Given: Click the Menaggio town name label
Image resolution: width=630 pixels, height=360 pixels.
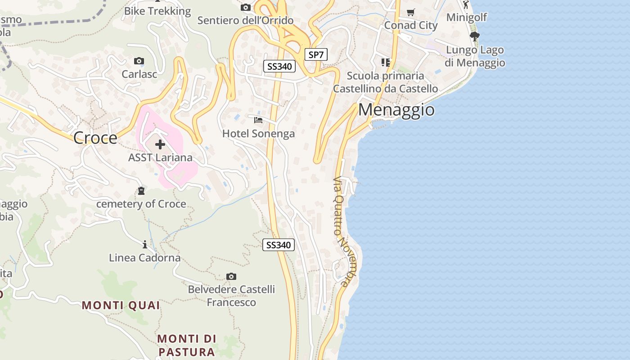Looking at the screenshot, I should [396, 110].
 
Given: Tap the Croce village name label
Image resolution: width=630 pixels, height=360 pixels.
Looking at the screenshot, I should [95, 138].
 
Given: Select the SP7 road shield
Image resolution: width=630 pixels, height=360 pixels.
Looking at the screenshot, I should [316, 55].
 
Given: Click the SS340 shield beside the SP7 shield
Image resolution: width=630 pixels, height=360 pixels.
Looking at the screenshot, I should [279, 67].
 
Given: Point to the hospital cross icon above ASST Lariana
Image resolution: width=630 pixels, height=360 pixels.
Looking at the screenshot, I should [160, 144].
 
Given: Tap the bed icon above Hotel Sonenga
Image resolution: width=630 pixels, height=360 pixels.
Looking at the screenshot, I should [258, 120].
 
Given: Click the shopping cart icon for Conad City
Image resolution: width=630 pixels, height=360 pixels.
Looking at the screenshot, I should [410, 13].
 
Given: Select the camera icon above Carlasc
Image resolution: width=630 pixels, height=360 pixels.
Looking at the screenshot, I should [139, 61].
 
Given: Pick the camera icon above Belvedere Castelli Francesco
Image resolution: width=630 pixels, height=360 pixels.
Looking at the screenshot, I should [231, 276].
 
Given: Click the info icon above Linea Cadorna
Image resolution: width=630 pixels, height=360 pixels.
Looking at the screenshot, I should [145, 245].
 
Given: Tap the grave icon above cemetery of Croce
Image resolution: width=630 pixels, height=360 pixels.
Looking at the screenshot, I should [141, 191].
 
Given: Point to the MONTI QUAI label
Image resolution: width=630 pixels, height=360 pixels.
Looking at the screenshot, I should [121, 306].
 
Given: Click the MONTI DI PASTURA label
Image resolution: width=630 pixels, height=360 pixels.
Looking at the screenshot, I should [187, 345].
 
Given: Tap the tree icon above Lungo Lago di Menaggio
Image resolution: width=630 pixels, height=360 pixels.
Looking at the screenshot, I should [474, 36].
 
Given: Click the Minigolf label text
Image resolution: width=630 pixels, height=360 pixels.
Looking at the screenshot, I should [467, 18].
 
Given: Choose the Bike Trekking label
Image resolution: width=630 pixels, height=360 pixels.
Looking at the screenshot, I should [157, 11].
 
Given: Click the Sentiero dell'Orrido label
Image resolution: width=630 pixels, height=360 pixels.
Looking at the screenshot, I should [245, 21].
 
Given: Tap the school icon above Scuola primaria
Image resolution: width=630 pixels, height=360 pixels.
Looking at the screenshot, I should [386, 62].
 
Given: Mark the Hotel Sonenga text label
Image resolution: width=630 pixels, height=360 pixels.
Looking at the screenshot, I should [258, 134].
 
